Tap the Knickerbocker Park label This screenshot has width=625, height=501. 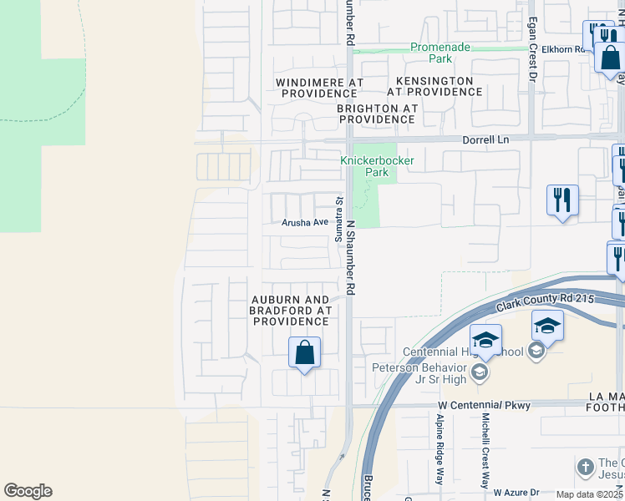[x=376, y=166]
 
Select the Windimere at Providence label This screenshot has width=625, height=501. [x=320, y=88]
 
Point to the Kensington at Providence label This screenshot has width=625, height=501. [x=434, y=86]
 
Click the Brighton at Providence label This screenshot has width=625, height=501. [x=376, y=114]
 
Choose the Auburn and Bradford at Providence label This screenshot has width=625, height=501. [x=291, y=311]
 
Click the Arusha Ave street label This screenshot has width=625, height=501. [x=305, y=223]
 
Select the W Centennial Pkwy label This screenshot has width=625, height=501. [x=484, y=405]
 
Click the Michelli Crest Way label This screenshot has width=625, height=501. [x=485, y=451]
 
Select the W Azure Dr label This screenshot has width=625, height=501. [x=517, y=493]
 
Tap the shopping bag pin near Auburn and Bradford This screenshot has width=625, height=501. [x=305, y=352]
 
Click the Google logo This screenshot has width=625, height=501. [x=28, y=491]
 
